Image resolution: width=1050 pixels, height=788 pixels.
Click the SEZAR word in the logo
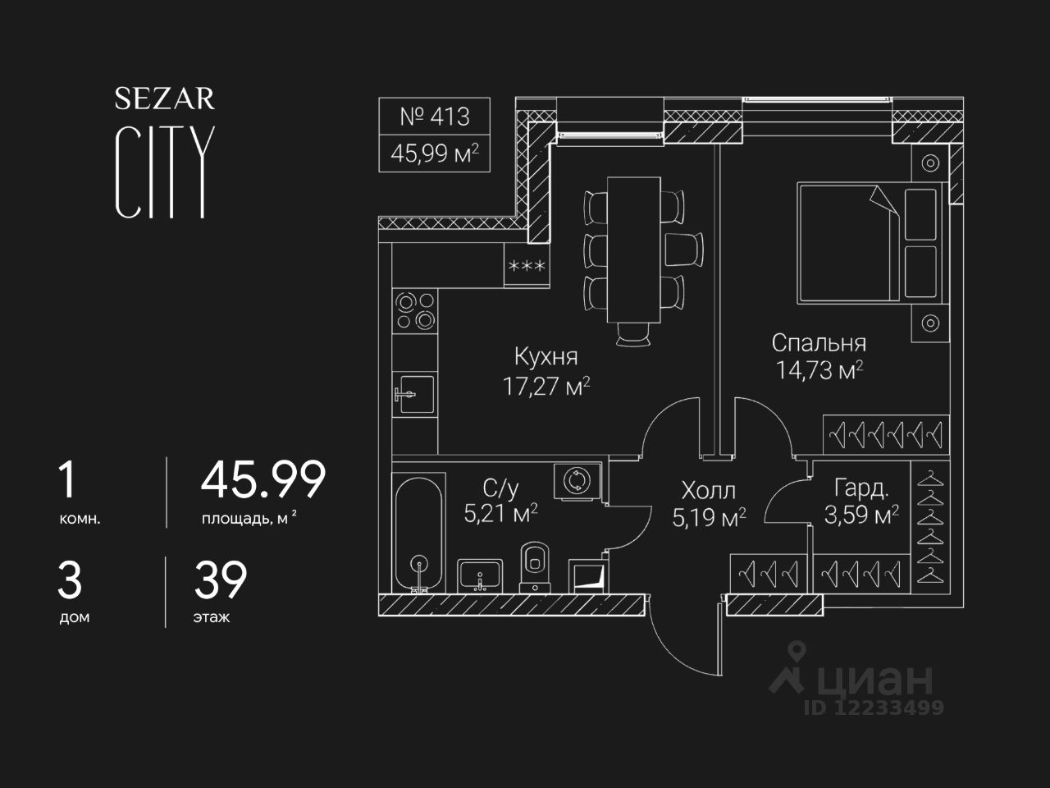point(165,98)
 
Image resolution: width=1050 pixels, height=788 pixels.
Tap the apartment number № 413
point(434,117)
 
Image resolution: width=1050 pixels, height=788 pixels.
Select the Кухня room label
point(546,356)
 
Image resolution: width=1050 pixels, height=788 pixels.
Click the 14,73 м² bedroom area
point(819,370)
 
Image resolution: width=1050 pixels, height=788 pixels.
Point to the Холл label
point(708,491)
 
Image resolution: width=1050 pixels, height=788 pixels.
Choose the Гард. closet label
point(861,489)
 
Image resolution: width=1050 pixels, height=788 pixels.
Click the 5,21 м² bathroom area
point(500,515)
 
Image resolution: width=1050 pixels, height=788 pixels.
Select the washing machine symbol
point(577,480)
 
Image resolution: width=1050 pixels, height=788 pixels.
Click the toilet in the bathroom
point(535,565)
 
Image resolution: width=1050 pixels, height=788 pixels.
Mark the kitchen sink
point(414,396)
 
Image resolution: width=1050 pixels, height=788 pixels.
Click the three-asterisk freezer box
point(527,266)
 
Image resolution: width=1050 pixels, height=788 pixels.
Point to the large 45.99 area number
point(262,480)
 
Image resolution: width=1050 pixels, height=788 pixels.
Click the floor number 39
point(220,580)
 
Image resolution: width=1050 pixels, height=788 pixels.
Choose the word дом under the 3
point(74,617)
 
